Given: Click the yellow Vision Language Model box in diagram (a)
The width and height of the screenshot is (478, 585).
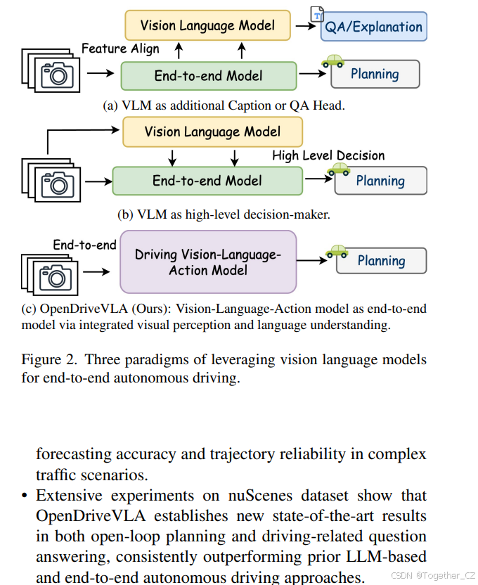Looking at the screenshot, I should tap(207, 26).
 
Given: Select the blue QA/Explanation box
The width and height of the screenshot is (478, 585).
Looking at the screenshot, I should tap(373, 27).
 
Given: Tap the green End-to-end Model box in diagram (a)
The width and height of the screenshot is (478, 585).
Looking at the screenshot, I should tap(208, 75).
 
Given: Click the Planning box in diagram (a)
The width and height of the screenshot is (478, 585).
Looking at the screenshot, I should tap(375, 74).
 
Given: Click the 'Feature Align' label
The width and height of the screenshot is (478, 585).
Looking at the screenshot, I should tap(120, 49).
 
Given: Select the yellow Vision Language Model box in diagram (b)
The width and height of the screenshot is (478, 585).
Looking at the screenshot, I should tap(212, 131).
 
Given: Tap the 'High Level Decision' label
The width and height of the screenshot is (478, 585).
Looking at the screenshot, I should tap(328, 155).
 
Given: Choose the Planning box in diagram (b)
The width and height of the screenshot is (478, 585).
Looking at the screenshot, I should tap(380, 181).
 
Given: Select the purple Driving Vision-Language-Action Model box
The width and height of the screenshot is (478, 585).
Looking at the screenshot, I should tap(208, 262).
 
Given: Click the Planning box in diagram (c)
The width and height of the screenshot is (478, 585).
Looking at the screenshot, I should tap(381, 261).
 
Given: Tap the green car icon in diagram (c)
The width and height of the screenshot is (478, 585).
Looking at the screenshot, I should tap(336, 251).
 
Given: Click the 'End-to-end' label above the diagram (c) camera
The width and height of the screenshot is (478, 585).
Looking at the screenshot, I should tap(85, 245).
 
